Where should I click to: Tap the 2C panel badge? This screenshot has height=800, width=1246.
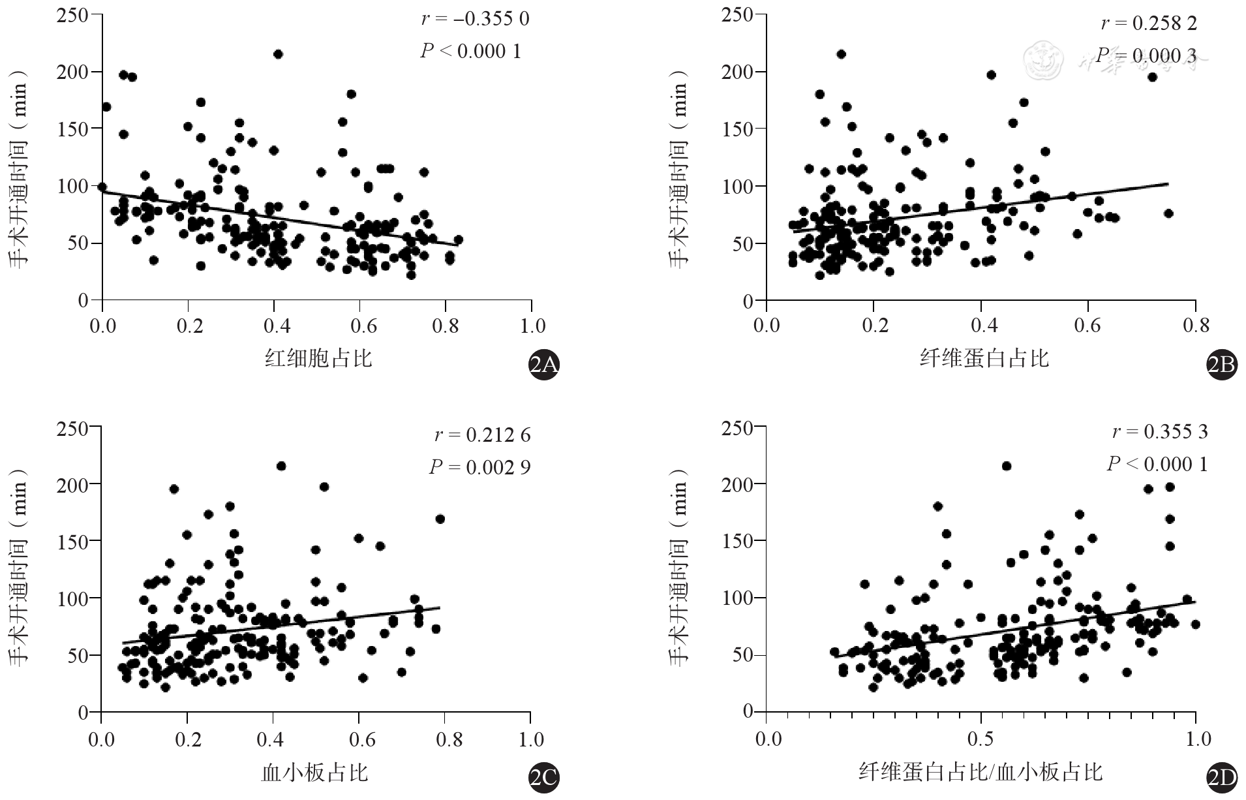(x=544, y=778)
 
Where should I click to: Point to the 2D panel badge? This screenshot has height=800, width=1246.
(x=1221, y=778)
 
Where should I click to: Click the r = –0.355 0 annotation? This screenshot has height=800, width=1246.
(x=475, y=18)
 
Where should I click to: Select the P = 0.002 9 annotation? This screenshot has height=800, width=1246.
(x=479, y=467)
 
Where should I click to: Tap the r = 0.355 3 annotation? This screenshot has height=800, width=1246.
(x=1160, y=431)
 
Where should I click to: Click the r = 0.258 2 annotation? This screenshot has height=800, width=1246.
(x=1149, y=23)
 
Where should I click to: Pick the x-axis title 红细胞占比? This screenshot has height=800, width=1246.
(x=318, y=358)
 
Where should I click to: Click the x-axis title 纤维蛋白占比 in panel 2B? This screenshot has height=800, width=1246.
(x=984, y=358)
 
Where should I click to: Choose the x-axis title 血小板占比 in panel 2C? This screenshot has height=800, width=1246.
(x=315, y=773)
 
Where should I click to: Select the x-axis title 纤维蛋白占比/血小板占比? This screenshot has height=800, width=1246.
(x=980, y=773)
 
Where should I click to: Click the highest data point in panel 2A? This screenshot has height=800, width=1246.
(x=278, y=54)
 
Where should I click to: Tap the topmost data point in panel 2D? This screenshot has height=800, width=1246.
(x=1007, y=466)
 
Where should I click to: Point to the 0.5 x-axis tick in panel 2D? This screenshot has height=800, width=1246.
(x=980, y=739)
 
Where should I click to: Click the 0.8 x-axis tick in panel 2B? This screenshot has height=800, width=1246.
(x=1195, y=325)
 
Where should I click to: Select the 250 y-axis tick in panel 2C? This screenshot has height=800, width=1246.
(x=73, y=427)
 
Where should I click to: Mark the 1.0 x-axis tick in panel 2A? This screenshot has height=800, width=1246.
(x=531, y=325)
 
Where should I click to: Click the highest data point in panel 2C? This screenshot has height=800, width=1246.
(x=281, y=466)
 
